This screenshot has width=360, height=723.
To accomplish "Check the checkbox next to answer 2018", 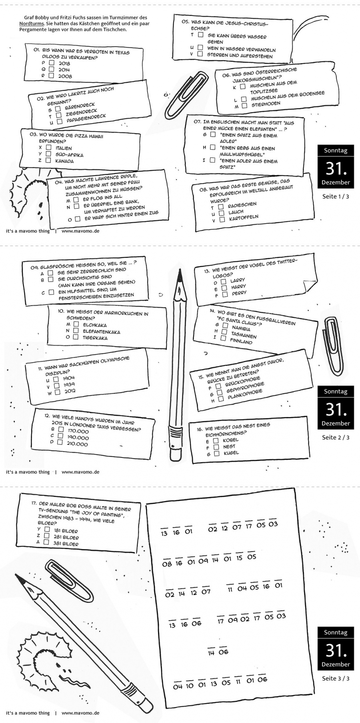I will click(52, 63).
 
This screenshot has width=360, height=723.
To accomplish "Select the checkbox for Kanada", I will click(48, 160).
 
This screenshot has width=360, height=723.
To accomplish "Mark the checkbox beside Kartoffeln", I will click(222, 219).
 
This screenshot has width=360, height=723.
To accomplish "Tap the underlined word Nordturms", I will click(32, 24).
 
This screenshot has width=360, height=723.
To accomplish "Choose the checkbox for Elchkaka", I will click(76, 324).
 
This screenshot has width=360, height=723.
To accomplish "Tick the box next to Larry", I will click(224, 282).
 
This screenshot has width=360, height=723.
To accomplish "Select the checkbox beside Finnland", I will click(223, 338).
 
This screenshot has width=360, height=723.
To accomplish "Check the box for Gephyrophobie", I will click(220, 393).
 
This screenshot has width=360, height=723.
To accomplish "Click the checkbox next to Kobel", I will click(216, 440).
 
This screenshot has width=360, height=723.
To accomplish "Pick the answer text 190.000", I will click(78, 437).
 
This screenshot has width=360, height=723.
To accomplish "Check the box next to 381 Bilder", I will click(46, 542).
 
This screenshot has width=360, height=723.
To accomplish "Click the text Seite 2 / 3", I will click(336, 437).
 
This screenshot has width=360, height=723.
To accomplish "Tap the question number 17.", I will click(34, 503).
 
